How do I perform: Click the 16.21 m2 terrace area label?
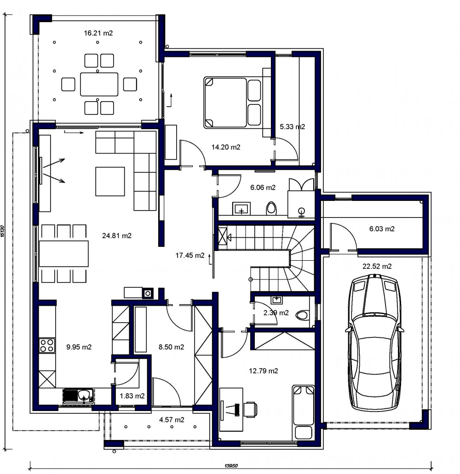[x=98, y=33]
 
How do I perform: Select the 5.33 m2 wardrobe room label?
[x=292, y=127]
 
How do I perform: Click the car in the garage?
[x=374, y=342]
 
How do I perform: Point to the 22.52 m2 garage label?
[x=377, y=266]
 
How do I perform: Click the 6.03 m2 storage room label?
[x=382, y=229]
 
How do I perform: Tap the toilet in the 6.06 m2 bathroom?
[x=271, y=208]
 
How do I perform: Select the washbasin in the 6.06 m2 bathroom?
[x=241, y=209]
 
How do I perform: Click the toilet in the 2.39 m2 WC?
[x=302, y=315]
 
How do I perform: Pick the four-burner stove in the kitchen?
[x=47, y=346]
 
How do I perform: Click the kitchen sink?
[x=78, y=396]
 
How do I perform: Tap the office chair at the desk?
[x=251, y=409]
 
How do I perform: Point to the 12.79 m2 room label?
[x=264, y=371]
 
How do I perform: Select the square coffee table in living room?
[x=110, y=182]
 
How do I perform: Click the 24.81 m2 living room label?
[x=117, y=235]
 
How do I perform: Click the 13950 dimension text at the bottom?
[x=231, y=466]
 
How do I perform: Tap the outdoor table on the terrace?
[x=99, y=84]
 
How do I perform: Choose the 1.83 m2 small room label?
[x=132, y=396]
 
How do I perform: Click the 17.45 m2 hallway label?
[x=190, y=256]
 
